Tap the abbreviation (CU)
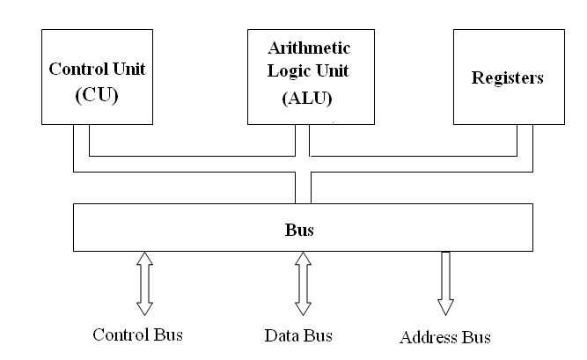97,95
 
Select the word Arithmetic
309,48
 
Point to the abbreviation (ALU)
307,99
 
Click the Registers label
507,78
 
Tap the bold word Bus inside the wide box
299,230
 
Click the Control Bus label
138,334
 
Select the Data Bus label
298,335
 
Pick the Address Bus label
445,337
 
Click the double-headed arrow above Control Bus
144,283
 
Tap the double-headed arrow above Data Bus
303,283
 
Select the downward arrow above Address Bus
445,283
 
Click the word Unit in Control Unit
129,69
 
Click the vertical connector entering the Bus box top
304,187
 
